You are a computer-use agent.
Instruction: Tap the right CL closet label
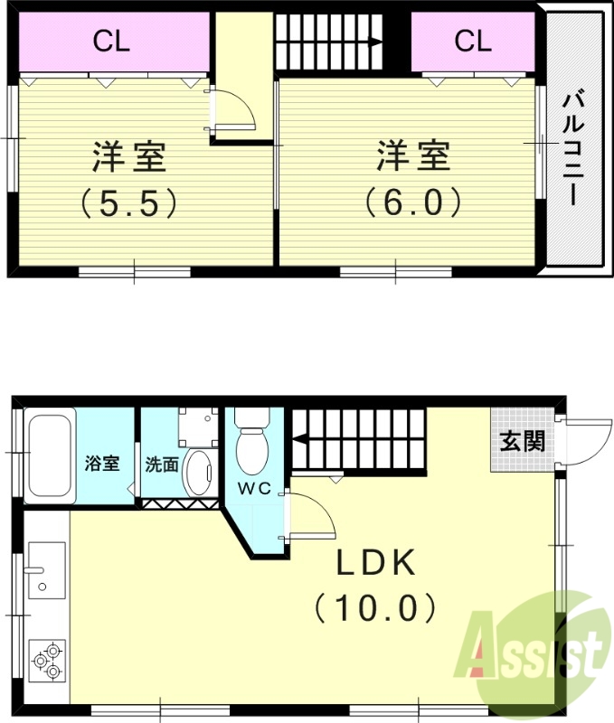(472, 40)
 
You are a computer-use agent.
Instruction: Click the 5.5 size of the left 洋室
(128, 202)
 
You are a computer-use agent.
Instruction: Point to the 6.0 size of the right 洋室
(413, 202)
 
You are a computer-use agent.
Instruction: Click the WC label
(256, 489)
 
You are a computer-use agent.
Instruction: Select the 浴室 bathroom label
(102, 465)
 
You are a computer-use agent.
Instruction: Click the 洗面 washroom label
(161, 465)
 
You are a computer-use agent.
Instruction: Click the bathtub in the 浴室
(49, 457)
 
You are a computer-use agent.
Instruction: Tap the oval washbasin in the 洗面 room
(198, 471)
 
